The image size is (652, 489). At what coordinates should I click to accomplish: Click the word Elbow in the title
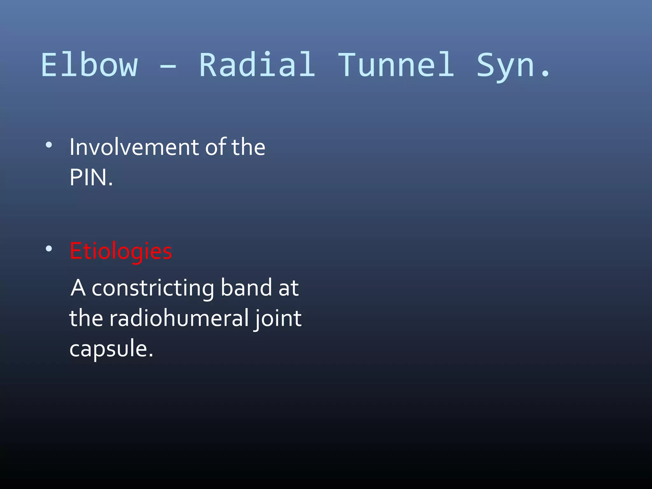coord(89,65)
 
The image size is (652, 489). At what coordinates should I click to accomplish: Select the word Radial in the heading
coord(257,65)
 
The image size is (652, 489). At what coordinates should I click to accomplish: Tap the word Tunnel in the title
coord(396,65)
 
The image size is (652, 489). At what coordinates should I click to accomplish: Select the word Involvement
coord(134,147)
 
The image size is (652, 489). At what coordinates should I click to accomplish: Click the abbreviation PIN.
coord(91,178)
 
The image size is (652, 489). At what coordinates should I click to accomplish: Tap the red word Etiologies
coord(121,251)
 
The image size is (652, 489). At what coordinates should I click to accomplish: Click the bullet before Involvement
coord(49,145)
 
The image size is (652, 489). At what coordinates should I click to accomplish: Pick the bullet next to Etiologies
coord(49,249)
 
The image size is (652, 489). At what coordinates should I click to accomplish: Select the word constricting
coord(153,288)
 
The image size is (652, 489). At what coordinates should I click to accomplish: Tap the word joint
coord(278,319)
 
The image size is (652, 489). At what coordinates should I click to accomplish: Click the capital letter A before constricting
coord(78,288)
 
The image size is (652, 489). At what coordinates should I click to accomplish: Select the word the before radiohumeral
coord(86,318)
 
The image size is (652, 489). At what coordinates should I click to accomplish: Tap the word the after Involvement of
coord(248,147)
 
